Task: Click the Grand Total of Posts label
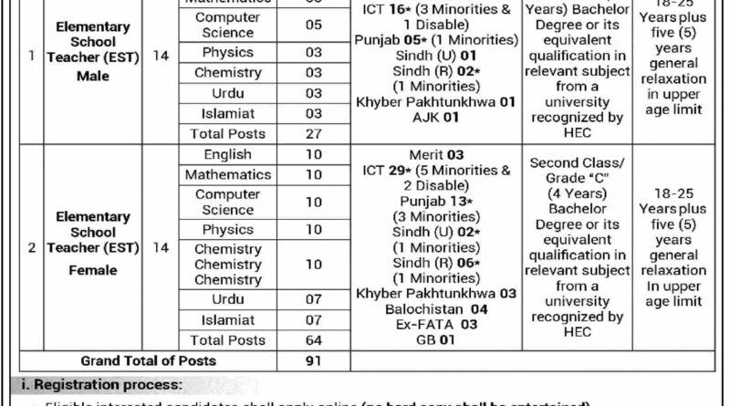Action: click(x=149, y=360)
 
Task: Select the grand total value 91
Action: click(x=314, y=360)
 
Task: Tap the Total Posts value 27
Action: click(x=314, y=133)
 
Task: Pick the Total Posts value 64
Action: click(x=314, y=340)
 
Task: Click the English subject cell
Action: click(x=227, y=155)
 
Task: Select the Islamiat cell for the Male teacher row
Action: click(x=227, y=113)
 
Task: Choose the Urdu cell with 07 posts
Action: click(x=227, y=299)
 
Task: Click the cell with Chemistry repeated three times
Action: click(x=227, y=264)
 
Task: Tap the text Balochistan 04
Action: click(x=435, y=308)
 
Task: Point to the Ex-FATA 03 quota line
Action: click(x=435, y=324)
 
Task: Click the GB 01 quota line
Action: click(x=435, y=339)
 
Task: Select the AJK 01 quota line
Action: click(x=437, y=117)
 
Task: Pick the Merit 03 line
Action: click(x=435, y=155)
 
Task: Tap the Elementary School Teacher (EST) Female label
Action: click(x=92, y=244)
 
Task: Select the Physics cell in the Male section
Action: click(x=227, y=52)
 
